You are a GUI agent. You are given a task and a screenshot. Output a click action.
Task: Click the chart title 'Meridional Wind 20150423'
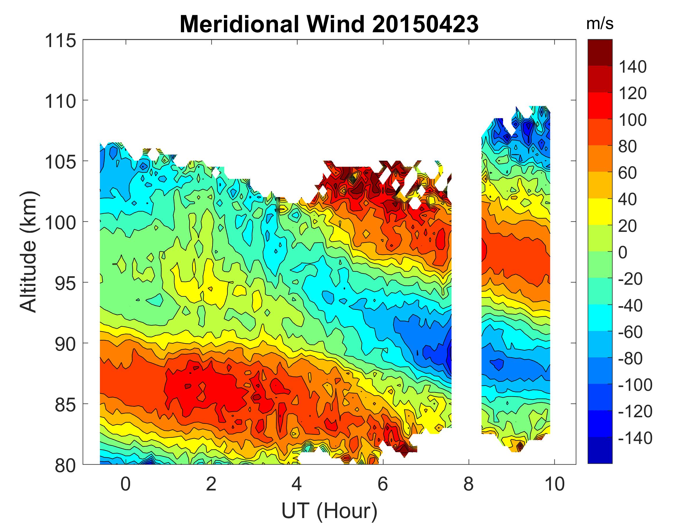tap(329, 24)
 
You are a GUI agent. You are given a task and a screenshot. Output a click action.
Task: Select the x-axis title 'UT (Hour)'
tap(329, 511)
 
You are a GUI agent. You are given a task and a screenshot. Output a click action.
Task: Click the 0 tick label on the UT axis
tap(125, 484)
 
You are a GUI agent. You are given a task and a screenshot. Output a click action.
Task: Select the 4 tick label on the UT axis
tap(297, 484)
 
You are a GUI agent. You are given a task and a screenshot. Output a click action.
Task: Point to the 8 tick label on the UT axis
tap(468, 484)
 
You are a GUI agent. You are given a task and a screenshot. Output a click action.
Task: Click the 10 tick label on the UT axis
tap(555, 484)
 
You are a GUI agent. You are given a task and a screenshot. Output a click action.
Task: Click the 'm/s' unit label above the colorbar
tap(600, 24)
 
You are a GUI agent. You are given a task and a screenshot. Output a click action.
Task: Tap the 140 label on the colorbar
tap(633, 67)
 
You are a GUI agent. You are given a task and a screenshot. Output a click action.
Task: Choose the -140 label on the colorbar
tap(635, 438)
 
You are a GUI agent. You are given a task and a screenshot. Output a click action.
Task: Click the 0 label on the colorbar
tap(623, 252)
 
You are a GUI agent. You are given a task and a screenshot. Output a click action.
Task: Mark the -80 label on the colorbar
tap(630, 359)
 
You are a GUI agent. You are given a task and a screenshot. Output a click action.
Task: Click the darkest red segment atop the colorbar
tap(600, 52)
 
